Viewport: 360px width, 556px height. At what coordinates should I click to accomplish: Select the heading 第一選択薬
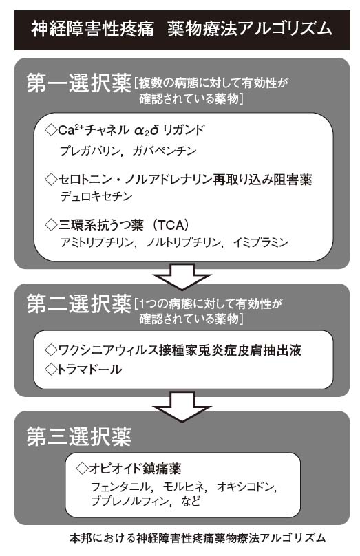pos(79,84)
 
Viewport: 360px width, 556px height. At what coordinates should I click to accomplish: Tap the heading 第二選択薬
pos(79,304)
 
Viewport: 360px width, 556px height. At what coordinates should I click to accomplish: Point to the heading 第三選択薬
pos(79,436)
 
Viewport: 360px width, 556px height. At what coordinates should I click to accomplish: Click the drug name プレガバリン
pos(90,151)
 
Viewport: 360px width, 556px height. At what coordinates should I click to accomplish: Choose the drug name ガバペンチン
pos(165,151)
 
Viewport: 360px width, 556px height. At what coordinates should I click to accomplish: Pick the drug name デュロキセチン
pos(96,196)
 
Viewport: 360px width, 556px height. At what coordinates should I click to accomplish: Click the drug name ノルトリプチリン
pos(183,242)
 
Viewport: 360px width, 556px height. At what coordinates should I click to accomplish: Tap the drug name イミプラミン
pos(261,242)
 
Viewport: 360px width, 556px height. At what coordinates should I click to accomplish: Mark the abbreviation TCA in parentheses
pos(171,225)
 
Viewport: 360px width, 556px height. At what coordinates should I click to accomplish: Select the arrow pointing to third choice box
pos(182,407)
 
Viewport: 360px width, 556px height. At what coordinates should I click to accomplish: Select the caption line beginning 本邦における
pos(198,537)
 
